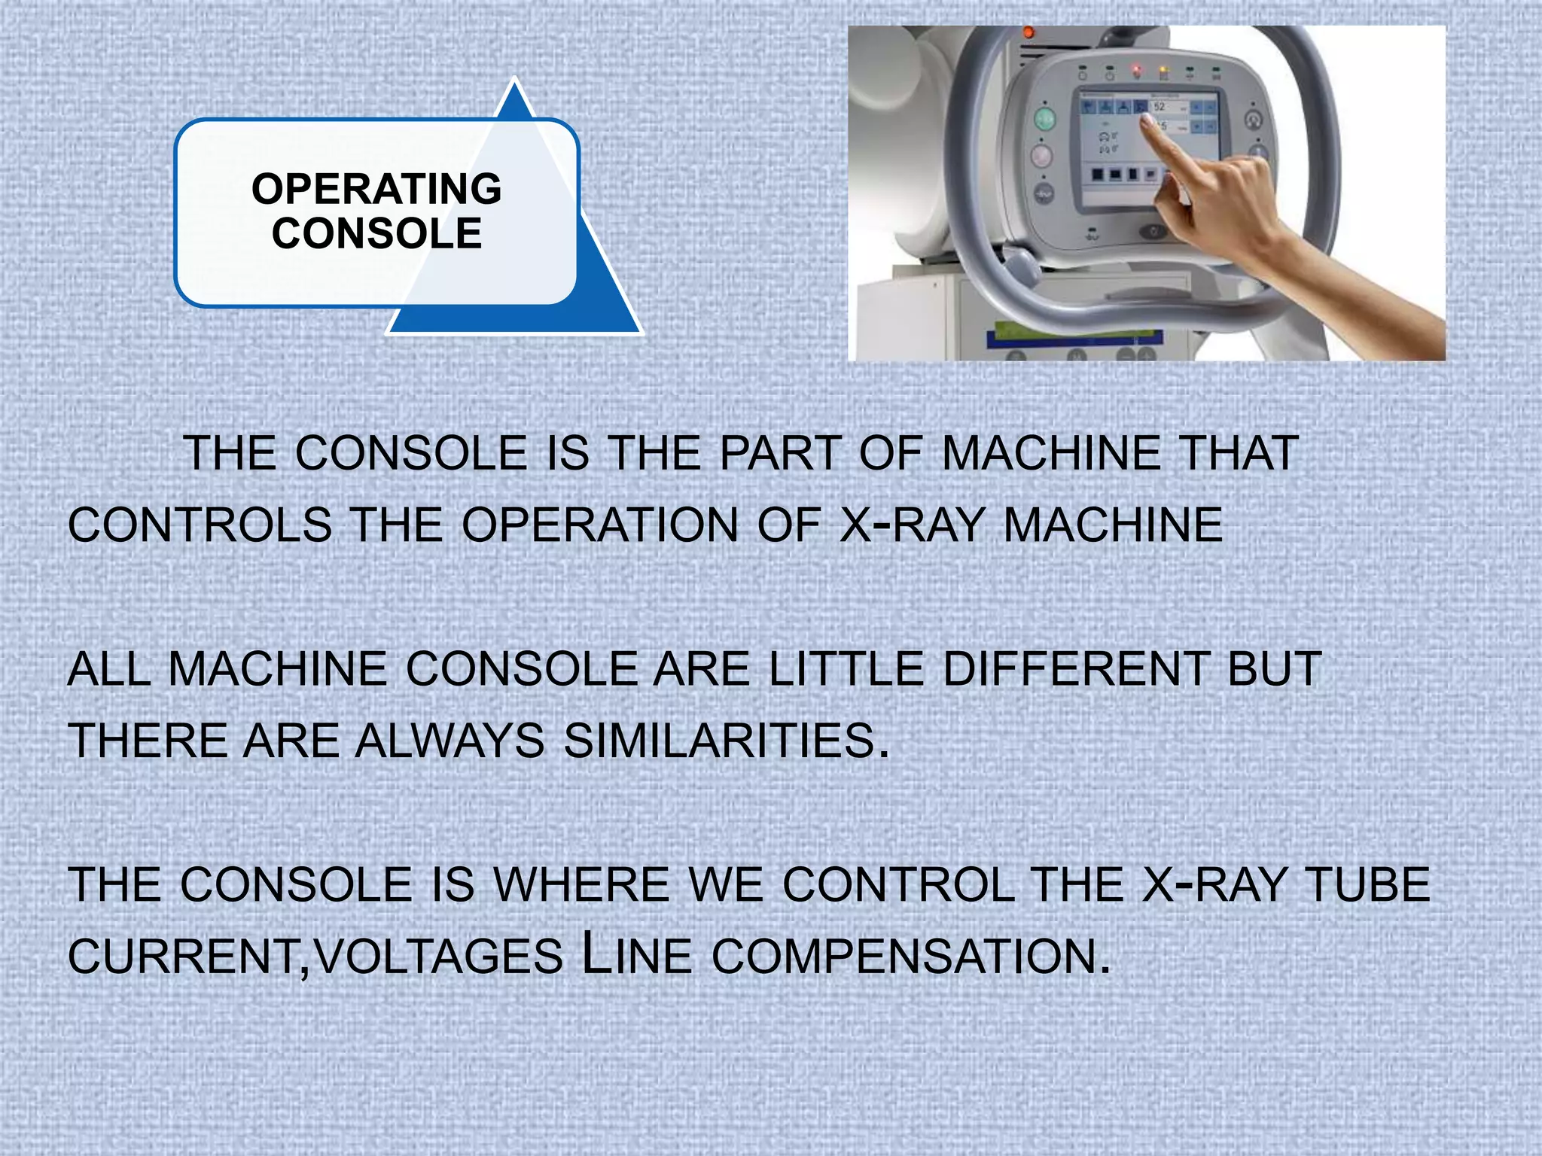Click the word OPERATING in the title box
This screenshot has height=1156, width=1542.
pyautogui.click(x=376, y=189)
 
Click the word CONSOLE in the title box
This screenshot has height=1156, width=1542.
pyautogui.click(x=376, y=233)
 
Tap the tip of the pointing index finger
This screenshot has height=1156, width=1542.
pyautogui.click(x=1144, y=119)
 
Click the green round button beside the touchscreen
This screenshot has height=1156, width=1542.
pyautogui.click(x=1044, y=119)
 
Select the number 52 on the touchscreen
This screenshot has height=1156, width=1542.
pyautogui.click(x=1160, y=107)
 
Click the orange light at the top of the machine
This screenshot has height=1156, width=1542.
pyautogui.click(x=1028, y=32)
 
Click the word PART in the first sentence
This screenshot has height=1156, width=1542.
pyautogui.click(x=780, y=454)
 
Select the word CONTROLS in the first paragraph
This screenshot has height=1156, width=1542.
pyautogui.click(x=200, y=525)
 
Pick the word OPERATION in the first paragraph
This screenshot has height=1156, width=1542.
pyautogui.click(x=599, y=525)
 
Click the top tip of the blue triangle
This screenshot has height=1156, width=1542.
pyautogui.click(x=514, y=80)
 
